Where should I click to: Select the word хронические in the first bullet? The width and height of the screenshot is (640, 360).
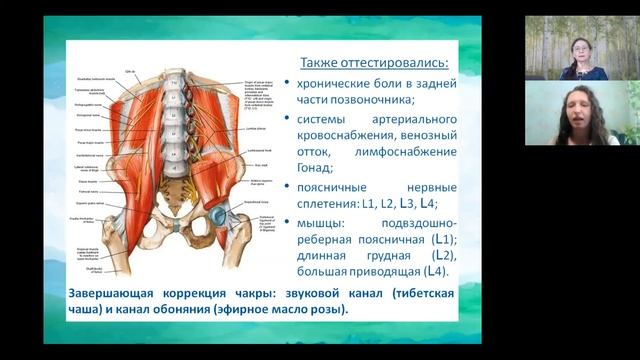click(336, 82)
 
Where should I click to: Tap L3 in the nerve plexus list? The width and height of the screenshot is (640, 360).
click(406, 202)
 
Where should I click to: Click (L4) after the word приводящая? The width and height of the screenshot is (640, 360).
click(435, 271)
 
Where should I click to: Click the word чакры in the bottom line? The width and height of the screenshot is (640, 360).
click(243, 293)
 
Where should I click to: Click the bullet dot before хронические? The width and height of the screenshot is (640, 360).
click(288, 83)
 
